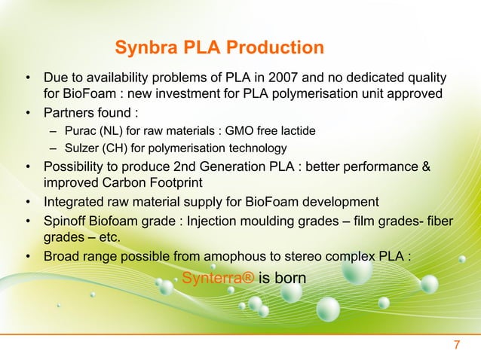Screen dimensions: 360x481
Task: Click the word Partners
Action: click(x=72, y=114)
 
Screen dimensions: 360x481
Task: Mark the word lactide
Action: click(x=294, y=132)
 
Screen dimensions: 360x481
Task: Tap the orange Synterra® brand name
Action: click(x=217, y=278)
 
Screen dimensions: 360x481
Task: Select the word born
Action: click(x=290, y=278)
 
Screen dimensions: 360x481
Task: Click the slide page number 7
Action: click(x=455, y=346)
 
